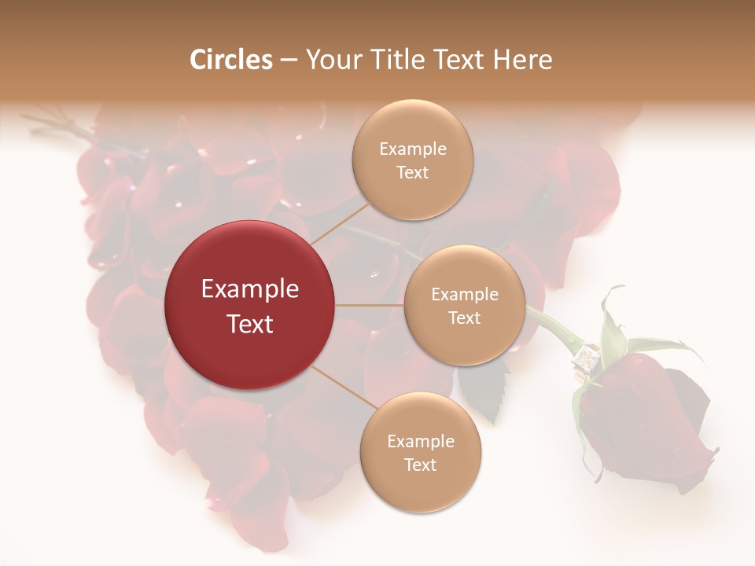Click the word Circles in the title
click(x=230, y=60)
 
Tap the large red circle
click(x=249, y=305)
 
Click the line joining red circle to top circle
click(x=337, y=222)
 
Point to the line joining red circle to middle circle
click(x=370, y=305)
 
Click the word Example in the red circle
click(x=249, y=289)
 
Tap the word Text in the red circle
click(x=249, y=323)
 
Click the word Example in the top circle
click(x=412, y=149)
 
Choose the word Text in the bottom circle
click(x=420, y=465)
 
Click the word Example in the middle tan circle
click(x=464, y=294)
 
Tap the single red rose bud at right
click(x=645, y=424)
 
